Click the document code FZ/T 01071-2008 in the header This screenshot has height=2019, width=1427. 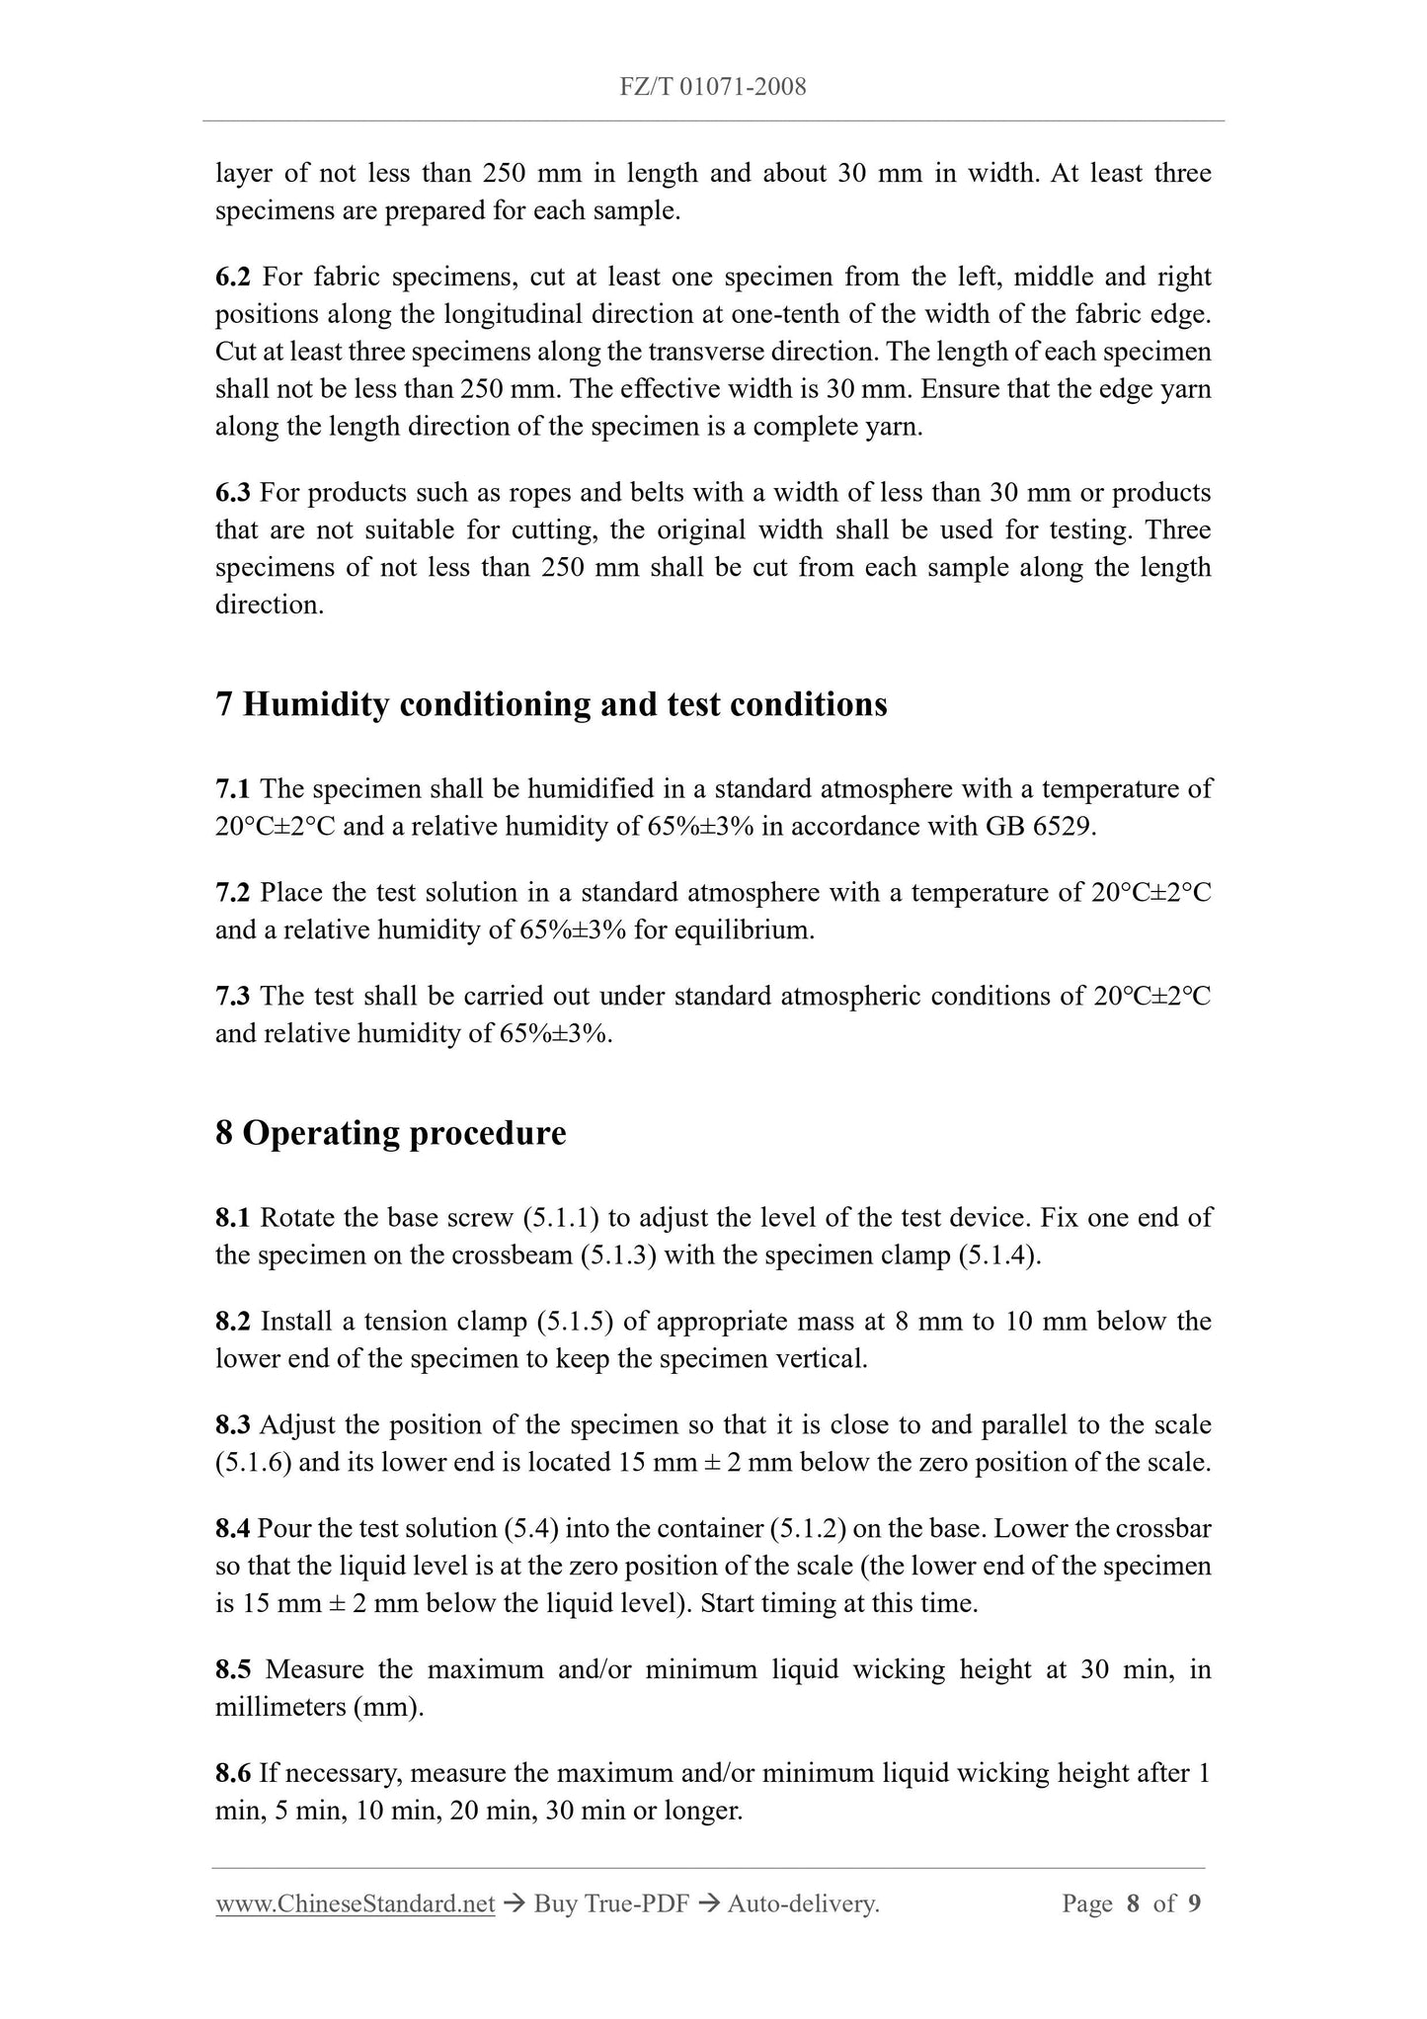[713, 87]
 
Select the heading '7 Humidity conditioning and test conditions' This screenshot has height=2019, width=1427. [551, 704]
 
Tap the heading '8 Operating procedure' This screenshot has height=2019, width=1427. [390, 1132]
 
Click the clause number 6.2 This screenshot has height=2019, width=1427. [233, 277]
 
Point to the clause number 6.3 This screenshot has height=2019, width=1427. [233, 492]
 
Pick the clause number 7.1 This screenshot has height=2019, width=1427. [233, 789]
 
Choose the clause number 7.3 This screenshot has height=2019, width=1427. [233, 996]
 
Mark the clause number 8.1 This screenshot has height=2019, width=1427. [233, 1217]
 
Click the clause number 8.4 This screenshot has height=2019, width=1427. [233, 1528]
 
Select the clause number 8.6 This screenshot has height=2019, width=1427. [233, 1773]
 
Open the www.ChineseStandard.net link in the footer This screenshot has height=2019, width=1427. [355, 1904]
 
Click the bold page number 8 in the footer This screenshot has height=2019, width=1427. [1134, 1904]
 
